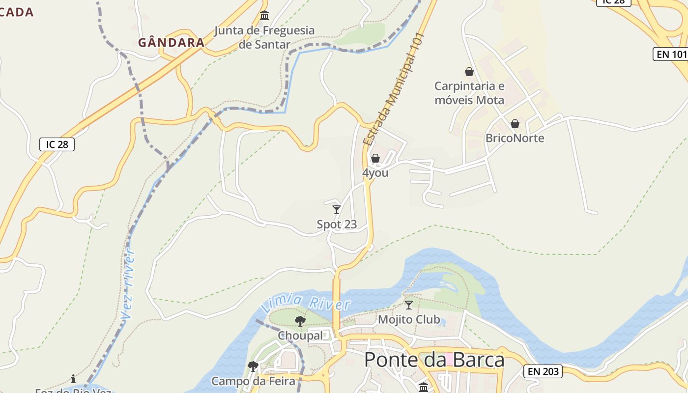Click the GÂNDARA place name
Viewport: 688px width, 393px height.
[x=171, y=43]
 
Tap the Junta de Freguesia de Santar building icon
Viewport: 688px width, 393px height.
[x=264, y=16]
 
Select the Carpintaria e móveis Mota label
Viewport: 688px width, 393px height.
[x=469, y=93]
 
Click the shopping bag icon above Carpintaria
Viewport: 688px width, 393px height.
[x=469, y=72]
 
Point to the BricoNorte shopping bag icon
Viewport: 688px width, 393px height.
[x=515, y=124]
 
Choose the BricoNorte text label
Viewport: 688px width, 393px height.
[x=515, y=138]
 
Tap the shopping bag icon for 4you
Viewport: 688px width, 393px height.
[x=375, y=158]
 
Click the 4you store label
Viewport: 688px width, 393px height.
[x=375, y=173]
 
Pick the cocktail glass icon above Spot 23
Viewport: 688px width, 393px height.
[x=337, y=210]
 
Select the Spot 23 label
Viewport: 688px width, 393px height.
[x=337, y=225]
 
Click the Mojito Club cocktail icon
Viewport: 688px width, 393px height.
[x=409, y=305]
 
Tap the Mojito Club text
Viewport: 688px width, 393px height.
[x=409, y=320]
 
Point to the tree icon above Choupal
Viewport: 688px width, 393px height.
[x=300, y=321]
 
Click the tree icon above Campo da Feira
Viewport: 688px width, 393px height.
[x=253, y=366]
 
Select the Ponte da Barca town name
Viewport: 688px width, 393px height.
[x=434, y=360]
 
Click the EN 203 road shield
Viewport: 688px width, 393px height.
[x=543, y=371]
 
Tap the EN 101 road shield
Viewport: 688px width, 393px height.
[x=671, y=54]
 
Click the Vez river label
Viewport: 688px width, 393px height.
[x=129, y=285]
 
